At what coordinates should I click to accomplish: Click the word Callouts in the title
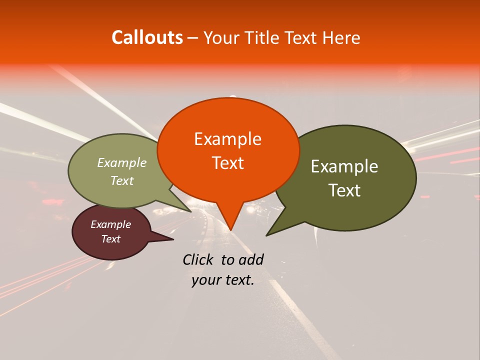coord(147,37)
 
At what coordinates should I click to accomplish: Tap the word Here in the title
coord(339,37)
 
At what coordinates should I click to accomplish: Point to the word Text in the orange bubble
coord(227,163)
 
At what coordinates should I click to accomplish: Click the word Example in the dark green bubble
coord(344,166)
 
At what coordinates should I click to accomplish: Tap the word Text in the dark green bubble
coord(344,190)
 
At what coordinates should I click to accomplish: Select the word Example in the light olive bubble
coord(122,162)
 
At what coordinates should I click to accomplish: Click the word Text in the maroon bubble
coord(110,239)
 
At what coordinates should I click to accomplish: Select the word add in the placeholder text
coord(251,259)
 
